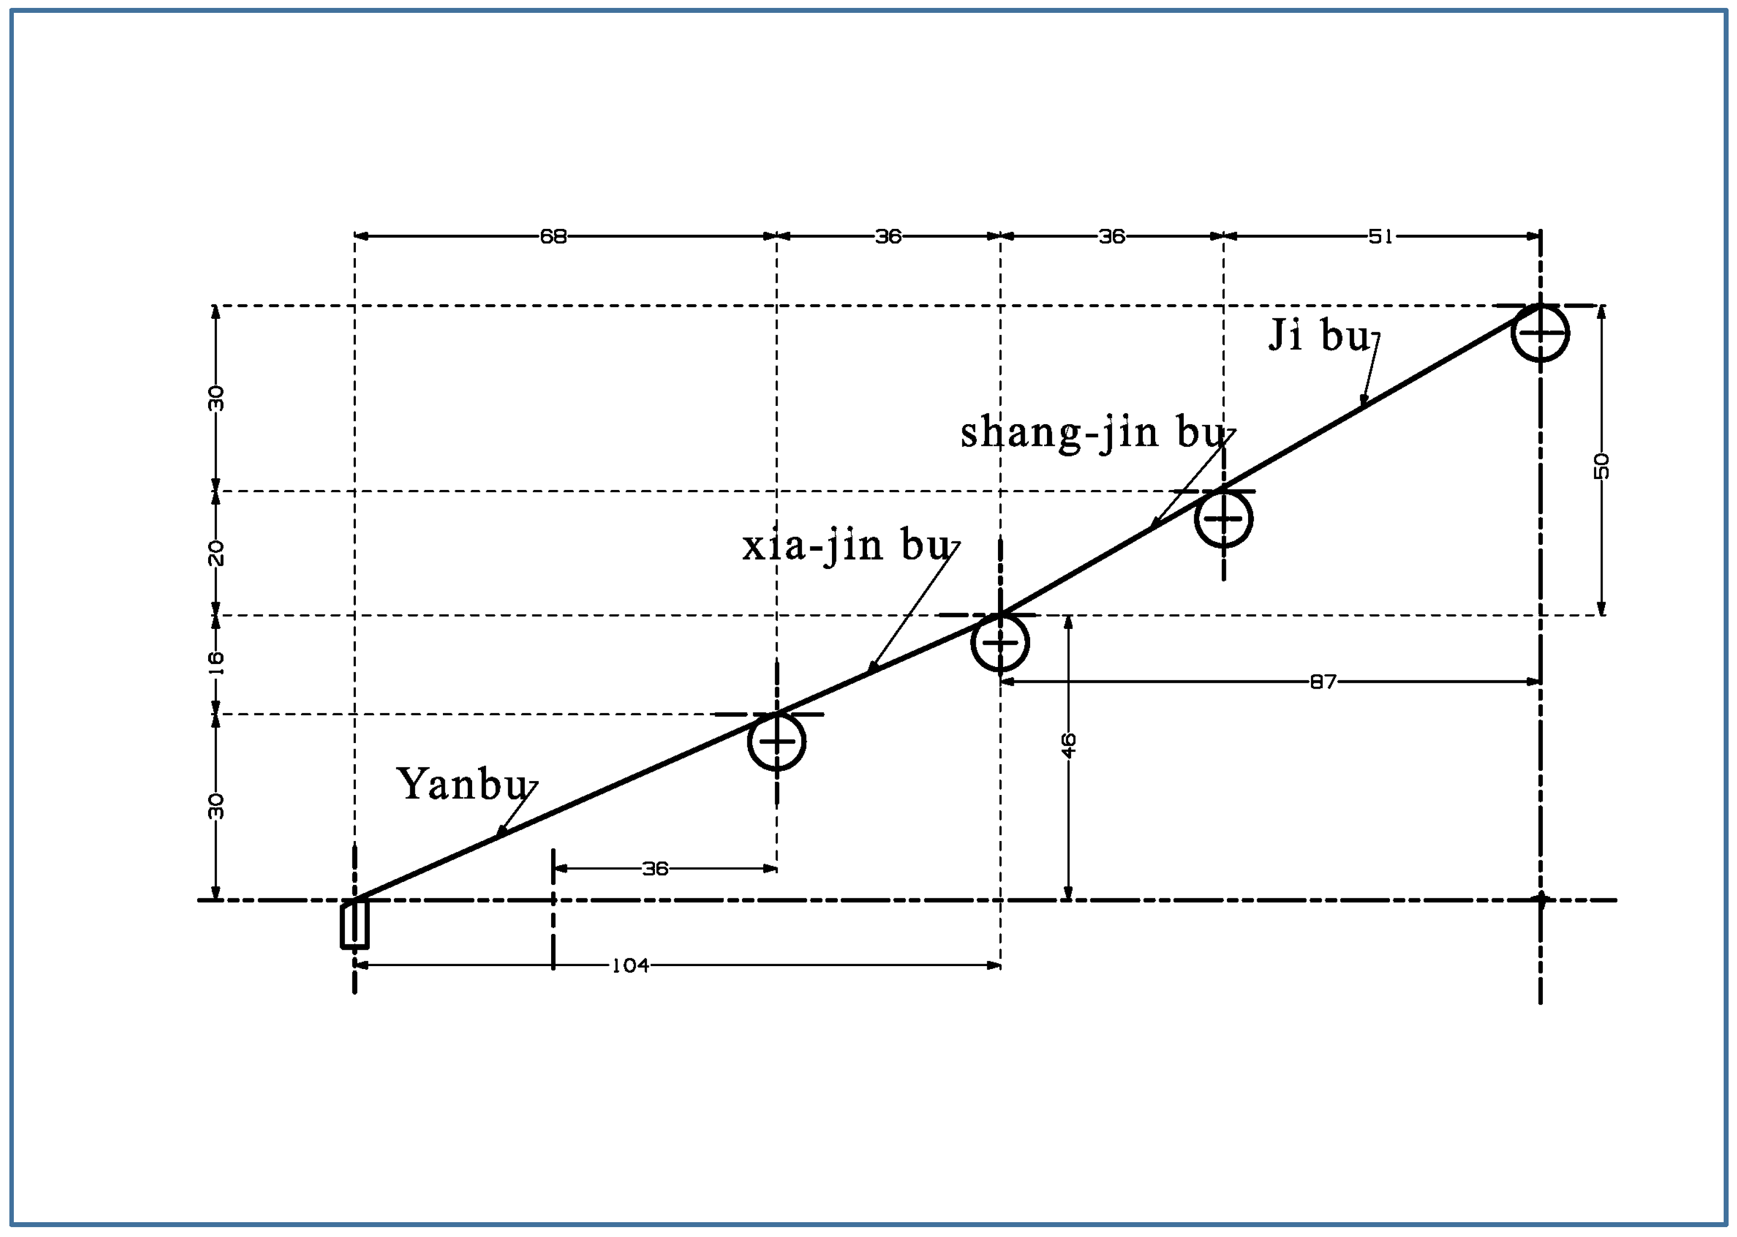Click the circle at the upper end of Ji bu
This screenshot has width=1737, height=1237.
click(x=1540, y=333)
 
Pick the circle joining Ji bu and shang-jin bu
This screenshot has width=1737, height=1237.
click(x=1223, y=519)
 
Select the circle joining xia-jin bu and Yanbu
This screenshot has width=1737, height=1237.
click(x=776, y=741)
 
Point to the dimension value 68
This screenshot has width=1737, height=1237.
click(x=554, y=237)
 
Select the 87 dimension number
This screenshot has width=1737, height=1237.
click(x=1323, y=682)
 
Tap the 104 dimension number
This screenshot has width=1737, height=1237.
click(x=631, y=966)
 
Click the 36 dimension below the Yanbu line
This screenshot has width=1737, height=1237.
click(x=655, y=868)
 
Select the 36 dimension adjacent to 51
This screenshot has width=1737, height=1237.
click(x=1111, y=237)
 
